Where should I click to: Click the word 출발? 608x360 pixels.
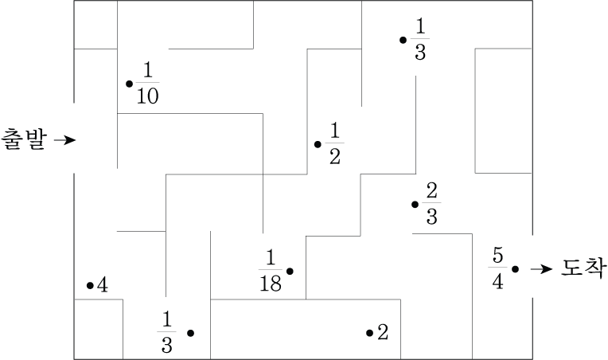pos(25,140)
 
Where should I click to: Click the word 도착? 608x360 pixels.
pos(584,269)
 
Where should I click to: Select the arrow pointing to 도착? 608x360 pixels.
pos(541,269)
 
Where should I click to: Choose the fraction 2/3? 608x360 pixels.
pos(432,204)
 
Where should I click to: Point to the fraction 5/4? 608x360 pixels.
pos(497,269)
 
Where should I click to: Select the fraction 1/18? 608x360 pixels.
pos(271,271)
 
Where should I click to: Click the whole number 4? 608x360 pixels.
pos(103,285)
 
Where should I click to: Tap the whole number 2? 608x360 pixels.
pos(383,332)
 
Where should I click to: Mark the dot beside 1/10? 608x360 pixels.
pos(129,83)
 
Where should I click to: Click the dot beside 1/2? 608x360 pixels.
pos(318,144)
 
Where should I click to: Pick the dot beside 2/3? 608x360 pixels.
pos(415,205)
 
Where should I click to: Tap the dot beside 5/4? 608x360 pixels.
pos(516,269)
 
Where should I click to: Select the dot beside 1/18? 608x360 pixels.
pos(290,272)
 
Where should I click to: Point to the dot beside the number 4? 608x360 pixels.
pos(90,285)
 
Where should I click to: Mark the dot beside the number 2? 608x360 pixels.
pos(369,333)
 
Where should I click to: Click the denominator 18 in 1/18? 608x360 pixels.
pos(271,283)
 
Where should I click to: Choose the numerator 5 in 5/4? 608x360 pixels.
pos(497,256)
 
